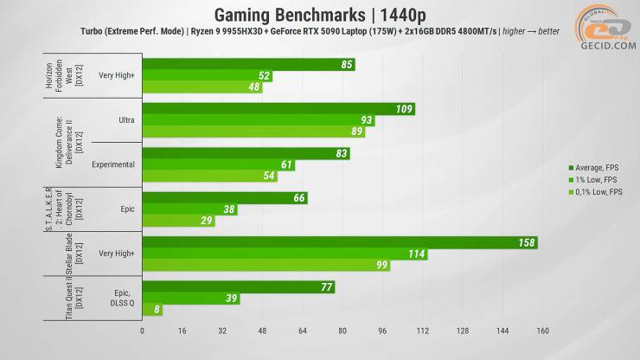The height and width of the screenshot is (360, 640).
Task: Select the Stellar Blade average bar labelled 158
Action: [x=340, y=242]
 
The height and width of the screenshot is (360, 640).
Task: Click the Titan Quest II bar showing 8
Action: [x=151, y=310]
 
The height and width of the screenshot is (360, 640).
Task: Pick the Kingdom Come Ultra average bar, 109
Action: [x=278, y=109]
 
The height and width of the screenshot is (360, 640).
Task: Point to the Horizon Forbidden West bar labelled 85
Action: [x=248, y=64]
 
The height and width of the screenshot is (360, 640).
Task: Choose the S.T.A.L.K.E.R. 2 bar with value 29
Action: [x=178, y=221]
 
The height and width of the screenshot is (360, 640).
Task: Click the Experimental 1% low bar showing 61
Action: [x=218, y=164]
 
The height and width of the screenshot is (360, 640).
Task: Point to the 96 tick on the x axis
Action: [x=382, y=331]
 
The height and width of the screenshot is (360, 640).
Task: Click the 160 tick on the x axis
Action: [x=542, y=331]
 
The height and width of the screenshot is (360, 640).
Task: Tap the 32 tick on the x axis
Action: [x=221, y=331]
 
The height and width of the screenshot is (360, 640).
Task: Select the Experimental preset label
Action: [x=113, y=164]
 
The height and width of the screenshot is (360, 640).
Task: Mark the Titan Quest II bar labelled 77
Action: [x=238, y=287]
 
